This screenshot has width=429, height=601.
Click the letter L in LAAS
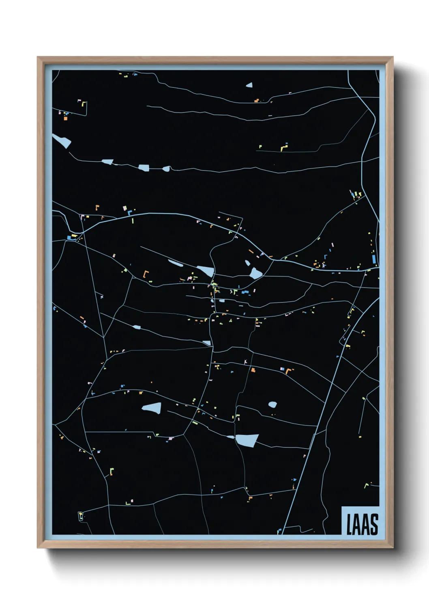tap(349, 524)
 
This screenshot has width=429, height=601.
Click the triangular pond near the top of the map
tap(249, 85)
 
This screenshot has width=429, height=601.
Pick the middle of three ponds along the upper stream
tap(144, 167)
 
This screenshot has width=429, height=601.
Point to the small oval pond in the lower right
tap(272, 404)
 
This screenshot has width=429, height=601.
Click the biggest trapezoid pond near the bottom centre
tap(247, 440)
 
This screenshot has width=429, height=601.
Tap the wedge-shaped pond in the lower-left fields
tap(152, 408)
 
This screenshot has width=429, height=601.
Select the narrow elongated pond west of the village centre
tap(176, 263)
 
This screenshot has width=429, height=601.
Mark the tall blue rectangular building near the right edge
tap(374, 259)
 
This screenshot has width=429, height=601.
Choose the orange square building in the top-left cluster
tap(65, 119)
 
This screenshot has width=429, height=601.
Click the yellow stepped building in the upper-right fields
tap(283, 147)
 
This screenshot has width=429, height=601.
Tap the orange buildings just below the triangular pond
tap(256, 100)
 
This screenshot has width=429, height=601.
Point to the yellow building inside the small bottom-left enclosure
tap(80, 515)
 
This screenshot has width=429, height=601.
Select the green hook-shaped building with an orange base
tap(112, 471)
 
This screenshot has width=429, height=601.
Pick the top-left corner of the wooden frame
tap(38, 58)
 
